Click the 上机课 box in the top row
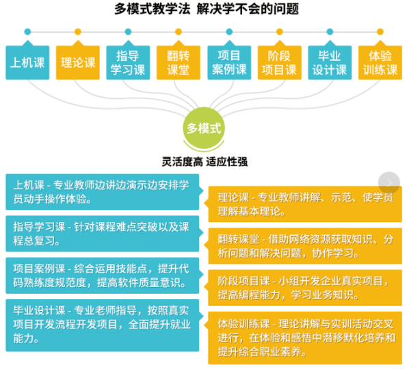(x=27, y=62)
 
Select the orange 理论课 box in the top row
(x=78, y=62)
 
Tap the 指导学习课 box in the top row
(x=128, y=62)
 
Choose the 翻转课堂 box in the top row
(x=179, y=62)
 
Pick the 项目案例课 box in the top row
(x=229, y=62)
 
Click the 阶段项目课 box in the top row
(x=280, y=62)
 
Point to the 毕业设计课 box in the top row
(x=330, y=62)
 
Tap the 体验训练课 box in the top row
(x=380, y=62)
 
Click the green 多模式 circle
(x=204, y=128)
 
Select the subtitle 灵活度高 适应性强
(x=205, y=161)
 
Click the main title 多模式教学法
(x=153, y=9)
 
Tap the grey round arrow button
(x=389, y=182)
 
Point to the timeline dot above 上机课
(x=27, y=31)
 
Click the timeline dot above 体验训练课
(x=380, y=31)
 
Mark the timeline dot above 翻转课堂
(x=179, y=31)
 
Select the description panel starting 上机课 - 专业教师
(x=103, y=192)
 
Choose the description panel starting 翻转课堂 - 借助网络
(x=305, y=246)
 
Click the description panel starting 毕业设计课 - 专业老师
(x=103, y=325)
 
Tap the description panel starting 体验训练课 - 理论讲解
(x=305, y=338)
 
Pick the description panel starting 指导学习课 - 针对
(x=103, y=234)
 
